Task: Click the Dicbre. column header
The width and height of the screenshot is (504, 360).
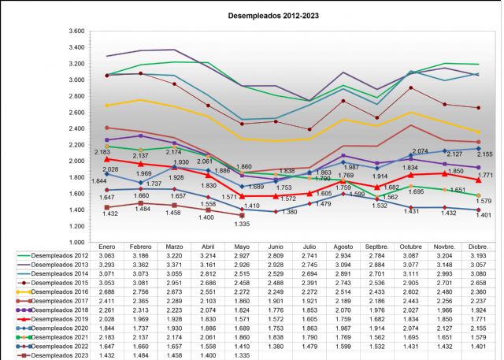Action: click(x=480, y=247)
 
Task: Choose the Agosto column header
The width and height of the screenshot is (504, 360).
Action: click(x=343, y=247)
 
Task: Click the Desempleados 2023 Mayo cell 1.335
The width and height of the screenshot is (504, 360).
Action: click(x=242, y=355)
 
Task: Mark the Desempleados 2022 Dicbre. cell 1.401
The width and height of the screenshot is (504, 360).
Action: click(x=480, y=346)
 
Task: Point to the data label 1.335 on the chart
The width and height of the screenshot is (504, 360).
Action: click(x=241, y=224)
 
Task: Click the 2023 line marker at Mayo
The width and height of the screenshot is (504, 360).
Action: click(x=242, y=215)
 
